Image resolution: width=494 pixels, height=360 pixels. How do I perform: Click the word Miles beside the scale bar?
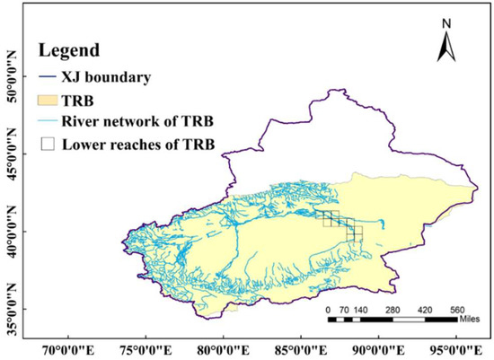pyautogui.click(x=472, y=320)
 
